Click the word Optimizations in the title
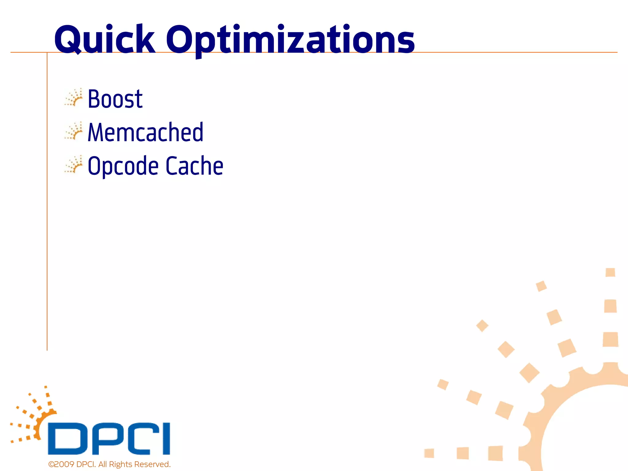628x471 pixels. click(x=290, y=40)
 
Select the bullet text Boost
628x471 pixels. click(x=115, y=99)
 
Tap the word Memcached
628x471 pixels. click(x=145, y=132)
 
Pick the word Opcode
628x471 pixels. click(x=123, y=166)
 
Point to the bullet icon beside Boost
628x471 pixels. click(x=74, y=98)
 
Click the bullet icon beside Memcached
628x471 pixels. click(x=74, y=131)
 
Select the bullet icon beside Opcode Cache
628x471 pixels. click(x=74, y=165)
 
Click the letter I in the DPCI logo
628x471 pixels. click(x=166, y=438)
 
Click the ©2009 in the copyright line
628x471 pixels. click(x=61, y=464)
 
